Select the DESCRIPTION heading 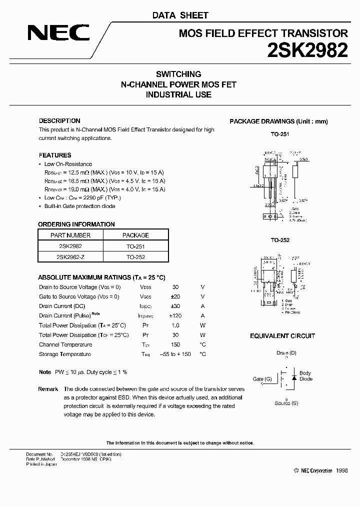point(59,121)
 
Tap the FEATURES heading point(55,155)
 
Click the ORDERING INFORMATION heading point(76,224)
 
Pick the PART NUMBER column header point(70,235)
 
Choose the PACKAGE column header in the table point(135,235)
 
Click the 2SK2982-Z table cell point(70,256)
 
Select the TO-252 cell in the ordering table point(135,256)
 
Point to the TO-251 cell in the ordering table point(135,246)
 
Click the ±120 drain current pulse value point(175,316)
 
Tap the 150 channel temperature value point(175,345)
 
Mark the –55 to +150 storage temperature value point(175,354)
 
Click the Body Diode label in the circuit point(305,376)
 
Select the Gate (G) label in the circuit point(262,379)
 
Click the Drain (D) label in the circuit point(286,353)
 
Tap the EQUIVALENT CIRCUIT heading point(282,336)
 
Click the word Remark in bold point(48,389)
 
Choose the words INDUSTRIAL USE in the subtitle point(178,94)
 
